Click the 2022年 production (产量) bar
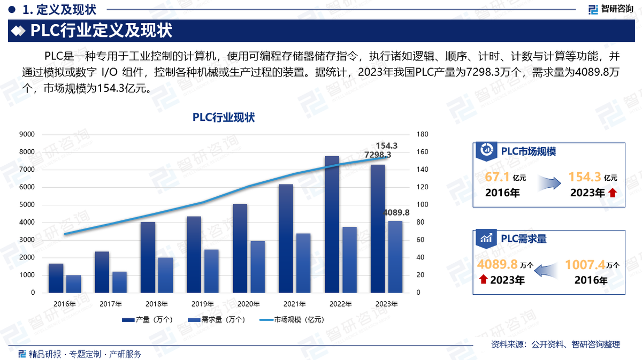[332, 225]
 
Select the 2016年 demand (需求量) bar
[73, 284]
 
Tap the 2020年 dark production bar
[240, 248]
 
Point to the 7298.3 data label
[378, 155]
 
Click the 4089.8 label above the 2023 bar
[396, 213]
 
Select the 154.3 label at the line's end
[387, 145]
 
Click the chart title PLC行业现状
[224, 118]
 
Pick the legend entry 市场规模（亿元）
[292, 320]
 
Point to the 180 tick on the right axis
[423, 134]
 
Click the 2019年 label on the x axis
[203, 304]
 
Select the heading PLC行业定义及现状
[101, 31]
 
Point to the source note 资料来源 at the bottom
[555, 344]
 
